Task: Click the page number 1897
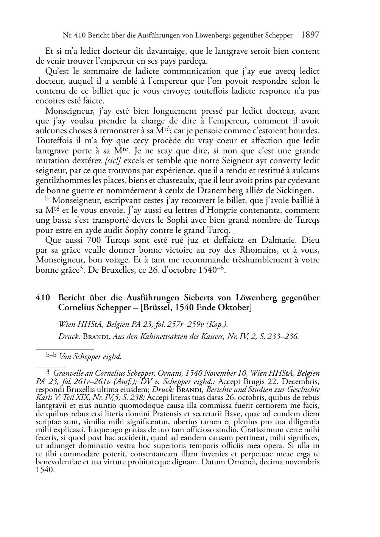[310, 35]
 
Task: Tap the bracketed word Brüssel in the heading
[156, 308]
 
